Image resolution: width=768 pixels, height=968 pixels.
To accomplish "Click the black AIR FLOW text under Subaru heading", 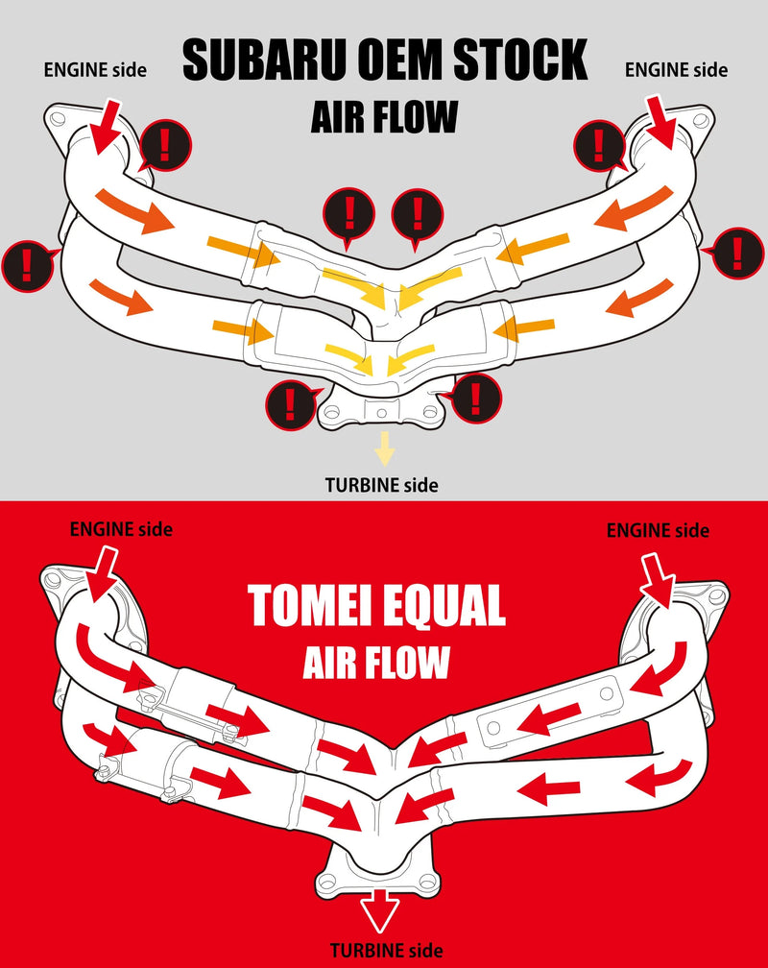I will [384, 117].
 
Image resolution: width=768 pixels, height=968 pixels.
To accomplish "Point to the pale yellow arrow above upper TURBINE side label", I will [385, 448].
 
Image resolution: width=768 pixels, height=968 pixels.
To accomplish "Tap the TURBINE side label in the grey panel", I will [381, 485].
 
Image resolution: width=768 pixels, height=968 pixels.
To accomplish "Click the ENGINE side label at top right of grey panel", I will [676, 69].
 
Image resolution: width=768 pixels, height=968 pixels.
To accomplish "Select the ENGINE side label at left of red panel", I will [121, 528].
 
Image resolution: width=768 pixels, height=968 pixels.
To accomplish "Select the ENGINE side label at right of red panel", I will [658, 530].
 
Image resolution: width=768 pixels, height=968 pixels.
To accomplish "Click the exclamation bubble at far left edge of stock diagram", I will [27, 263].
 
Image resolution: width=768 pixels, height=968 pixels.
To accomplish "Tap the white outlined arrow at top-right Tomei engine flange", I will [661, 577].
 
